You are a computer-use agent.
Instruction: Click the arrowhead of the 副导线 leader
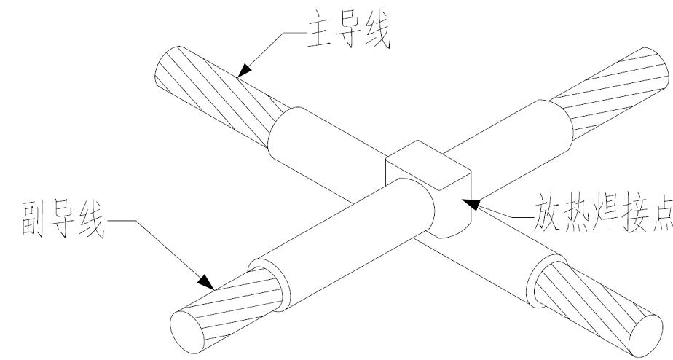pyautogui.click(x=207, y=281)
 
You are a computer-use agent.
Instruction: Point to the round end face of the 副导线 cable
pyautogui.click(x=187, y=325)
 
